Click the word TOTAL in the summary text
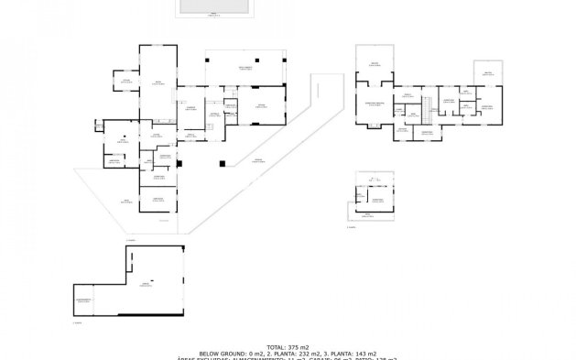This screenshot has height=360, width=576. [x=275, y=346]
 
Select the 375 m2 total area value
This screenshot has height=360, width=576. [x=299, y=346]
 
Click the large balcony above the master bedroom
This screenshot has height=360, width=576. [x=374, y=63]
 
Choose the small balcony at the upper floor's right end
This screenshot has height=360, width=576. [x=486, y=73]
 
